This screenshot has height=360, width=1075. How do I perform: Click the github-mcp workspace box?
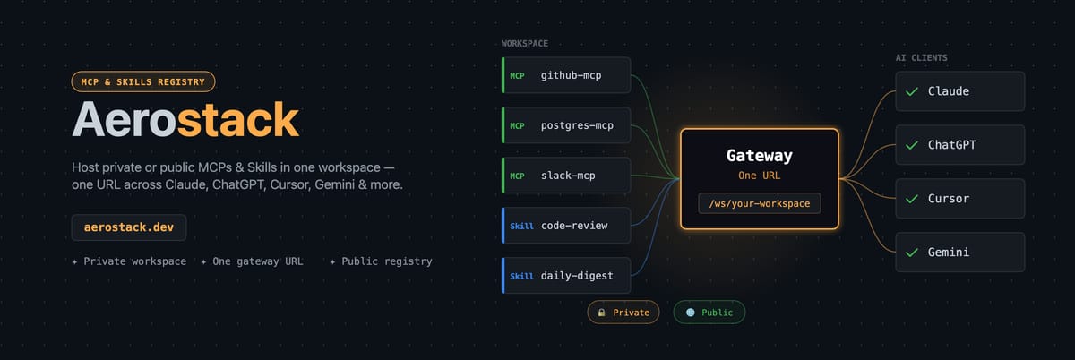tap(567, 75)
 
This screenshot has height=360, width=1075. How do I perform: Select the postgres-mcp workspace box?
tap(567, 125)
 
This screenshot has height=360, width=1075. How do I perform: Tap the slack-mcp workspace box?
tap(567, 176)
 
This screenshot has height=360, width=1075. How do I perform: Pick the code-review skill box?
tap(567, 226)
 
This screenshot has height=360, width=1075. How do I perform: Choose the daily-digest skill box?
tap(567, 276)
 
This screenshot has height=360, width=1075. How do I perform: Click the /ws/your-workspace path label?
tap(759, 204)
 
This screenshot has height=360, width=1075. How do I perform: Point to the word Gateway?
tap(759, 156)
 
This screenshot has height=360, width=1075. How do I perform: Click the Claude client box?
tap(960, 91)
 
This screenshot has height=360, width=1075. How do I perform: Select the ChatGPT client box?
tap(960, 145)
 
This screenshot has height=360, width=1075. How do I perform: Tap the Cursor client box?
tap(960, 199)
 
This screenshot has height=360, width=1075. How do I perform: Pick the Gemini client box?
tap(960, 253)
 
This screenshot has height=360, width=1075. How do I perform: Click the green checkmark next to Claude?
tap(912, 91)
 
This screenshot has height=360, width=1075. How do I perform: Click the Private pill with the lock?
tap(623, 313)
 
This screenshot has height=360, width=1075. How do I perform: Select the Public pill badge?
tap(709, 313)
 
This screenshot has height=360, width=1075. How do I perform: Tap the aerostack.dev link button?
tap(129, 227)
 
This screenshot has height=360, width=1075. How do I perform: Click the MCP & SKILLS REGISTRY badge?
tap(143, 82)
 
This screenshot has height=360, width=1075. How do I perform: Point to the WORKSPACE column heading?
tap(525, 43)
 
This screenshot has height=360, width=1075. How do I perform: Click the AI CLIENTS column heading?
tap(922, 58)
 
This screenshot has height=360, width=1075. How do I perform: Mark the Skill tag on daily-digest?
tap(521, 276)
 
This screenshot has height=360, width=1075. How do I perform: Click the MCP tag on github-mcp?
tap(518, 75)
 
